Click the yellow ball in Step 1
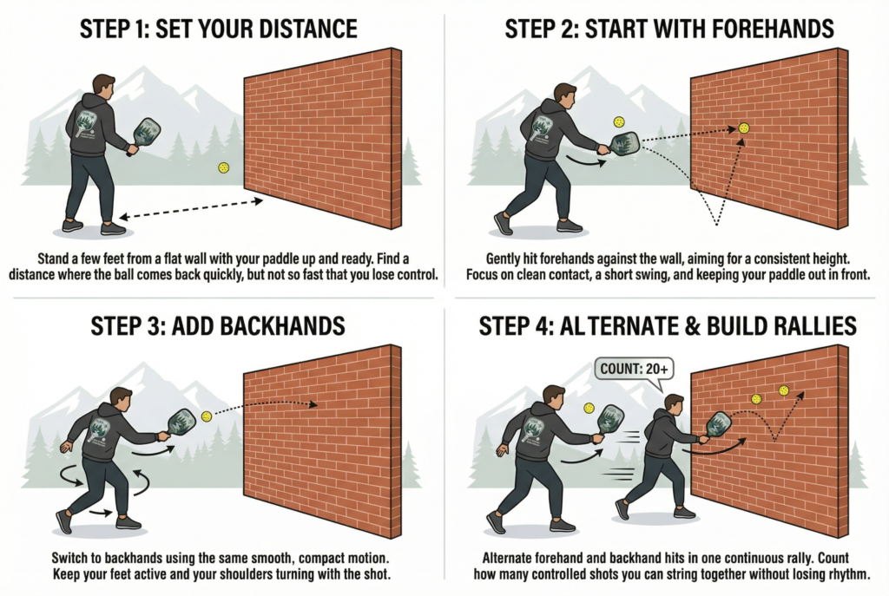223,167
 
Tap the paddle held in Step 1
145,132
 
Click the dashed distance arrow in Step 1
191,208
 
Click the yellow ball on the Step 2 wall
744,128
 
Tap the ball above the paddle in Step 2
619,122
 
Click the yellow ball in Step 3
207,416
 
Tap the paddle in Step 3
181,422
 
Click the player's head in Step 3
121,400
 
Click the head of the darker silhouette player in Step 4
673,403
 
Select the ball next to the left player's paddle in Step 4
589,408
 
